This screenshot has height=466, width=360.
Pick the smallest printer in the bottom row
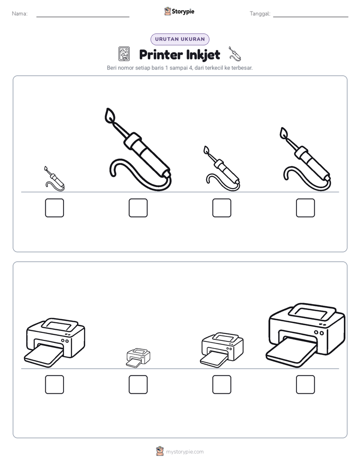(x=138, y=358)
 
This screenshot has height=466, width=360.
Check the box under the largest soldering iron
(x=138, y=208)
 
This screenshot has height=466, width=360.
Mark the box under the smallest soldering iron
(x=54, y=208)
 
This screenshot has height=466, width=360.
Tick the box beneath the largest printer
(x=306, y=384)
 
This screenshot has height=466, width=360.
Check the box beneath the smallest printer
(x=138, y=384)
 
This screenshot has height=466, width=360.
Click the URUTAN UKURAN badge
(x=180, y=39)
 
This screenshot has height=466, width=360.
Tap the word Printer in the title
(x=161, y=54)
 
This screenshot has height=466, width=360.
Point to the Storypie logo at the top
(x=179, y=11)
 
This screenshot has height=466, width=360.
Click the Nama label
(x=20, y=14)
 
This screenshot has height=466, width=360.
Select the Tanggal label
(x=260, y=14)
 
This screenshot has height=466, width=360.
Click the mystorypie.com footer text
(x=185, y=452)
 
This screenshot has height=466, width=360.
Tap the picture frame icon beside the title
(x=124, y=54)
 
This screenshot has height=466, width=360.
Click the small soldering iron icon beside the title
(x=234, y=54)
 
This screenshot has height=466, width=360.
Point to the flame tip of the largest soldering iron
(x=109, y=114)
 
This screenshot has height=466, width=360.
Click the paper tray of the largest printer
(x=292, y=353)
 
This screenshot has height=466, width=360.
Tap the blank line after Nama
(x=83, y=17)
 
